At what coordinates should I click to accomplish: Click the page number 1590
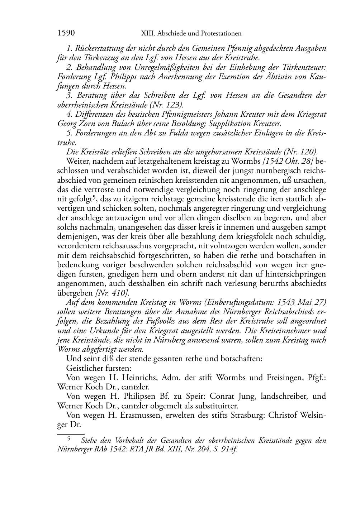click(x=66, y=33)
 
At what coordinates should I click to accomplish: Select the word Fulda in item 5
click(x=180, y=133)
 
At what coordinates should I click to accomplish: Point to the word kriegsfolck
click(x=275, y=236)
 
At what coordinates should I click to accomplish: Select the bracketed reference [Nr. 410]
click(x=112, y=293)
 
